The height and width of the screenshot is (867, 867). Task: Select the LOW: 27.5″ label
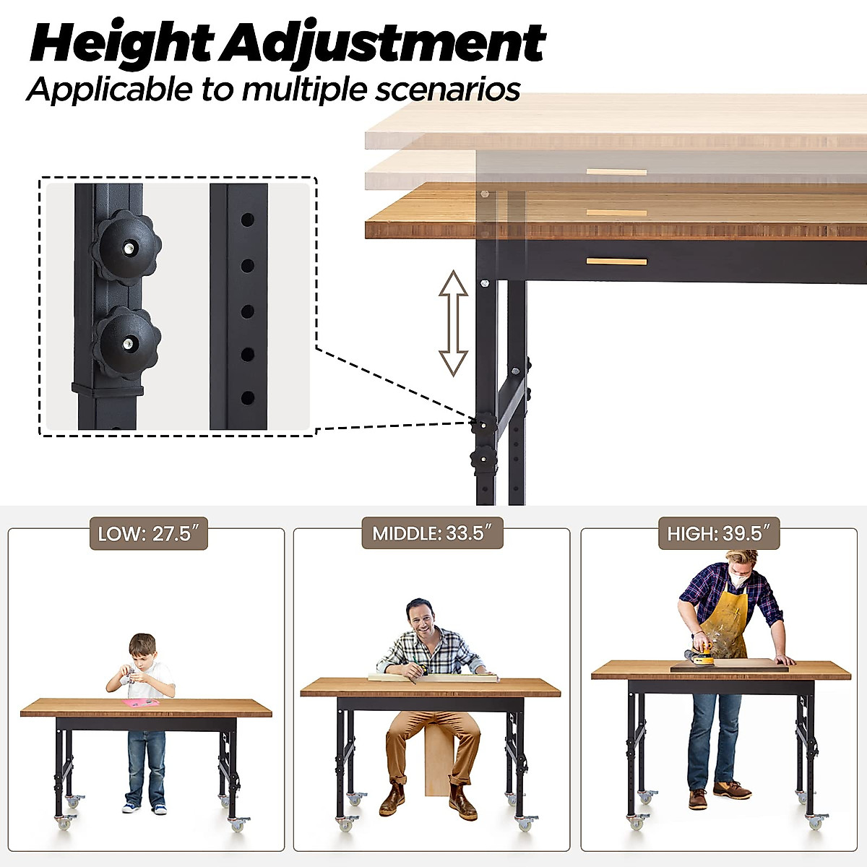(148, 534)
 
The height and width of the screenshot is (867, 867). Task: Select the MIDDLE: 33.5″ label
(432, 534)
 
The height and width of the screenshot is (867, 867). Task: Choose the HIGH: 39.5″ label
(719, 534)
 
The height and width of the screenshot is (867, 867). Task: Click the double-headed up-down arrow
(454, 323)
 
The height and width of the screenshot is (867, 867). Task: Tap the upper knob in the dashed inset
(126, 246)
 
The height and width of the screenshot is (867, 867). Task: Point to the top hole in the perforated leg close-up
(247, 217)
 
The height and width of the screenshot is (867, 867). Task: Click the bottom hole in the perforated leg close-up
(247, 397)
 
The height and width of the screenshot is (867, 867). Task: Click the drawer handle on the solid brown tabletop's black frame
(616, 261)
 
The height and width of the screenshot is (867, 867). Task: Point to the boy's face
(143, 655)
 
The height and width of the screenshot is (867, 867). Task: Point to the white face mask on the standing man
(738, 578)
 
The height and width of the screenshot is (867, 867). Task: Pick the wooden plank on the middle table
(433, 677)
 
